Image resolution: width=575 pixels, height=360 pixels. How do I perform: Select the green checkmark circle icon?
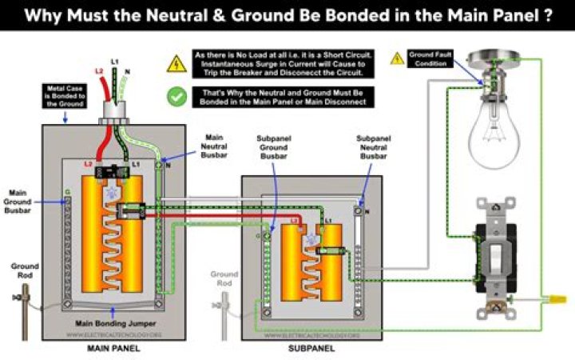point(176,96)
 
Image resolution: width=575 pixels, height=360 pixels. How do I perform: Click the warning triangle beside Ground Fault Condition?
point(397,58)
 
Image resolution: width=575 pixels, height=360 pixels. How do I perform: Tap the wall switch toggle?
point(496,255)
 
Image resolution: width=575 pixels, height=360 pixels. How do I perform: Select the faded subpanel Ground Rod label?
point(224,278)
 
